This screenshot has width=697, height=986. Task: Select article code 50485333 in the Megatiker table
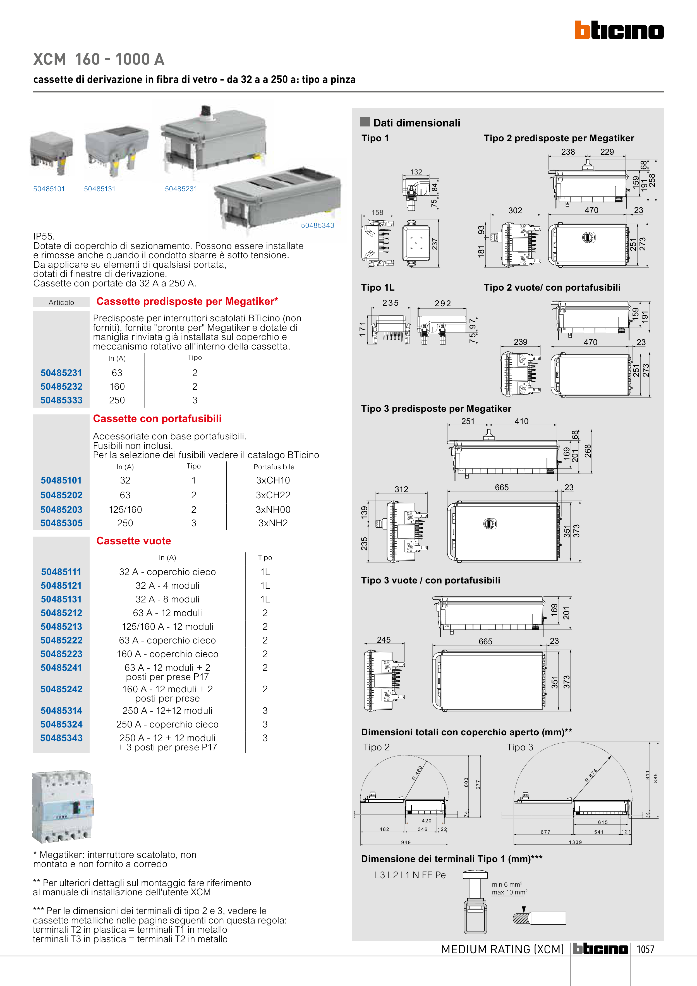(x=61, y=400)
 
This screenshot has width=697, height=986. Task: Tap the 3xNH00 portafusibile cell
(x=273, y=510)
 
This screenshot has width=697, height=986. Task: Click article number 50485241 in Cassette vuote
(x=61, y=668)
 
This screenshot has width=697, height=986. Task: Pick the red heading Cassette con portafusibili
(x=157, y=419)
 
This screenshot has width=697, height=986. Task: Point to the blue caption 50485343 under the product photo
(x=317, y=226)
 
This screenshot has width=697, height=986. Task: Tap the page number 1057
(x=645, y=949)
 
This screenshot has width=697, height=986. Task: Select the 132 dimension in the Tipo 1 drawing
(x=416, y=172)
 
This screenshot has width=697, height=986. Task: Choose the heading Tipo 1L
(x=377, y=288)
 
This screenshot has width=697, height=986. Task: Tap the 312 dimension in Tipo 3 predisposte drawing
(x=402, y=489)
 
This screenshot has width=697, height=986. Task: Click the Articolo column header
(x=61, y=302)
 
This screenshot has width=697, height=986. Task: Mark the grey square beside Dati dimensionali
(x=365, y=121)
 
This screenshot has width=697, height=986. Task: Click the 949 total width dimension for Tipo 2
(x=406, y=843)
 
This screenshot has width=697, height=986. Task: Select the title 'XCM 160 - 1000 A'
(x=99, y=59)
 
